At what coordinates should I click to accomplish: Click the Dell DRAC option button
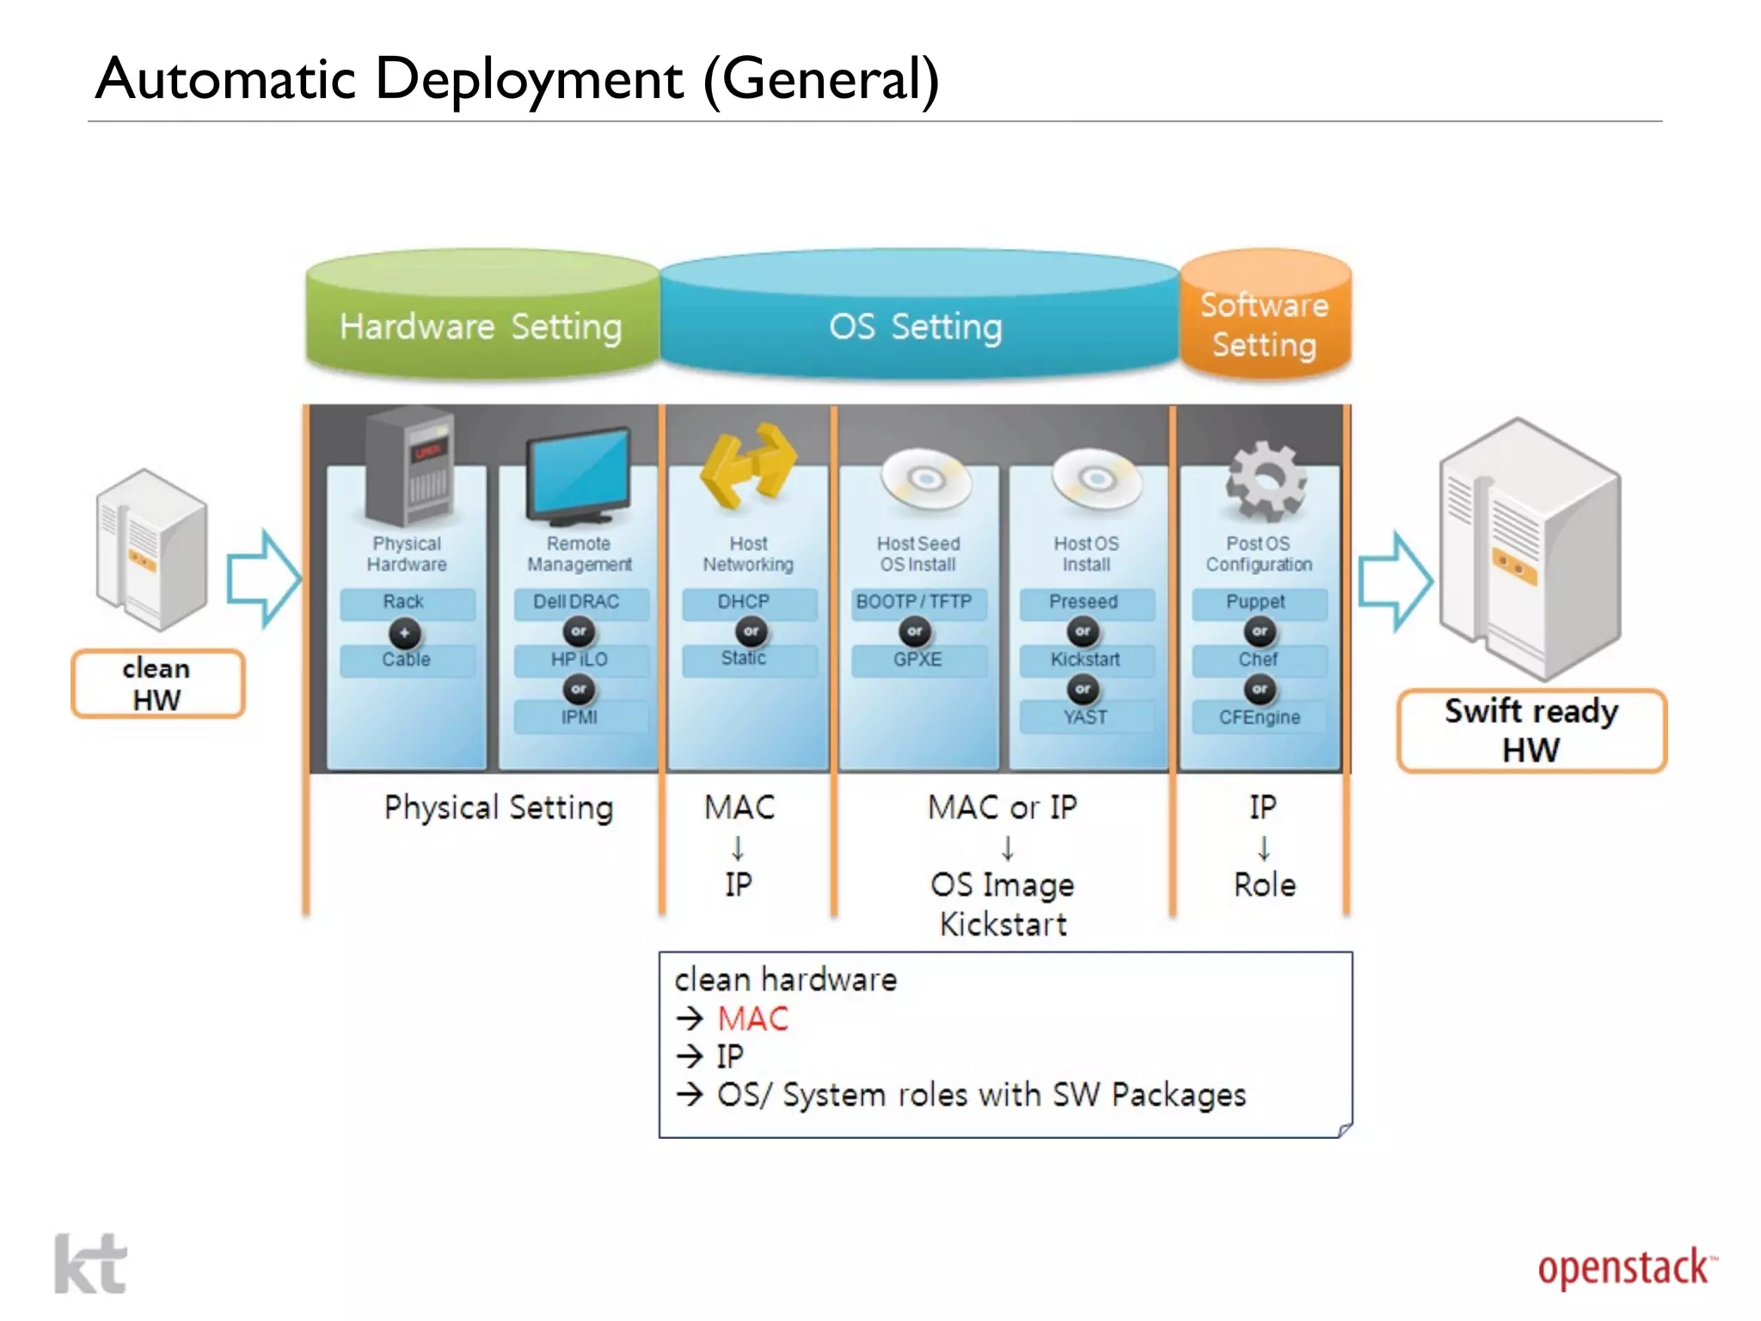click(x=577, y=602)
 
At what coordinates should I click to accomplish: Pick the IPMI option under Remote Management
click(x=580, y=717)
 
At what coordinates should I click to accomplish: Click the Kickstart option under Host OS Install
click(x=1085, y=660)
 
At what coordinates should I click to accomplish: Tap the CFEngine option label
click(x=1259, y=717)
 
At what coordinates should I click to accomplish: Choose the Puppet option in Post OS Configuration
click(x=1256, y=602)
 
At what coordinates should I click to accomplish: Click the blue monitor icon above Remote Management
click(x=580, y=477)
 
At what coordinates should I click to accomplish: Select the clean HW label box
click(x=157, y=684)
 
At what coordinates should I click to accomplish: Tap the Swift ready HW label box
click(x=1531, y=730)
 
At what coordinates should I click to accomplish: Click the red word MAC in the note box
click(x=753, y=1019)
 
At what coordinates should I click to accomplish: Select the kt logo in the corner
click(x=90, y=1263)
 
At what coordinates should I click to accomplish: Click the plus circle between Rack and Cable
click(x=404, y=633)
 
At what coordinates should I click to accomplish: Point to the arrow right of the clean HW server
click(x=263, y=579)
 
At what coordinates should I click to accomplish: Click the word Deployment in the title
click(x=529, y=79)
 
